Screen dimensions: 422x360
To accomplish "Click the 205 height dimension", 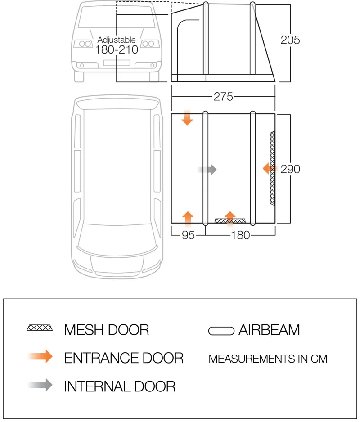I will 290,40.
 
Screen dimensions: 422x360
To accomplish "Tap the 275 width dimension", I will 223,96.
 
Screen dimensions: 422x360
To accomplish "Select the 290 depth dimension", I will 290,169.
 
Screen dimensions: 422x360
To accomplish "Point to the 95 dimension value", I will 188,235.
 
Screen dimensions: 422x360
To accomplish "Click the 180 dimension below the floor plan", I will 240,235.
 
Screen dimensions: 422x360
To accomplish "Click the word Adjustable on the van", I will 117,40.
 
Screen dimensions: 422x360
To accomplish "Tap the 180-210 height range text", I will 117,50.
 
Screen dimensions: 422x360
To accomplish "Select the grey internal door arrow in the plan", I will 207,170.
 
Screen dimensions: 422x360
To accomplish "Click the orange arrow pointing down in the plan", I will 188,118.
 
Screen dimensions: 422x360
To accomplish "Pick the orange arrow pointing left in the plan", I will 269,169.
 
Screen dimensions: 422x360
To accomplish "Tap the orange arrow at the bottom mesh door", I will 230,217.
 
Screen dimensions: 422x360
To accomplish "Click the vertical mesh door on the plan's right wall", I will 272,168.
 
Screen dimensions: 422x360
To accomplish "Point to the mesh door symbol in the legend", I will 40,328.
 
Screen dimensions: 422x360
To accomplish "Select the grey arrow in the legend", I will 40,385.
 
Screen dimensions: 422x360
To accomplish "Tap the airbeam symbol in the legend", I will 221,331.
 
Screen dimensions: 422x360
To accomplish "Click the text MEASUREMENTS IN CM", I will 268,359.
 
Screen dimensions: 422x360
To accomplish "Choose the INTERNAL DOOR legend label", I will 119,386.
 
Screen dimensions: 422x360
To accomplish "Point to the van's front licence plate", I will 117,63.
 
